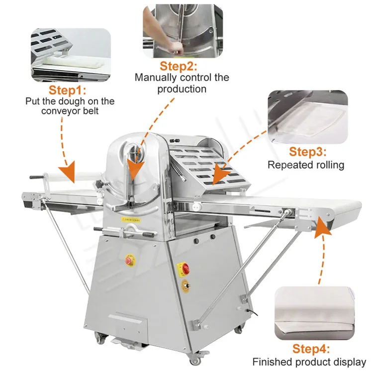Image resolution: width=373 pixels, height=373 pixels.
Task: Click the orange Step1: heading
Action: click(x=67, y=91)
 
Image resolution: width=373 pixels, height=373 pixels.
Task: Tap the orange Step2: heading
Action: click(x=179, y=66)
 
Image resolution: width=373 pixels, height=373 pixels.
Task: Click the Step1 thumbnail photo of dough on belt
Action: click(x=71, y=55)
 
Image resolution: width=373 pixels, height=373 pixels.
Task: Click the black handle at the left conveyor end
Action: click(x=36, y=177)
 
